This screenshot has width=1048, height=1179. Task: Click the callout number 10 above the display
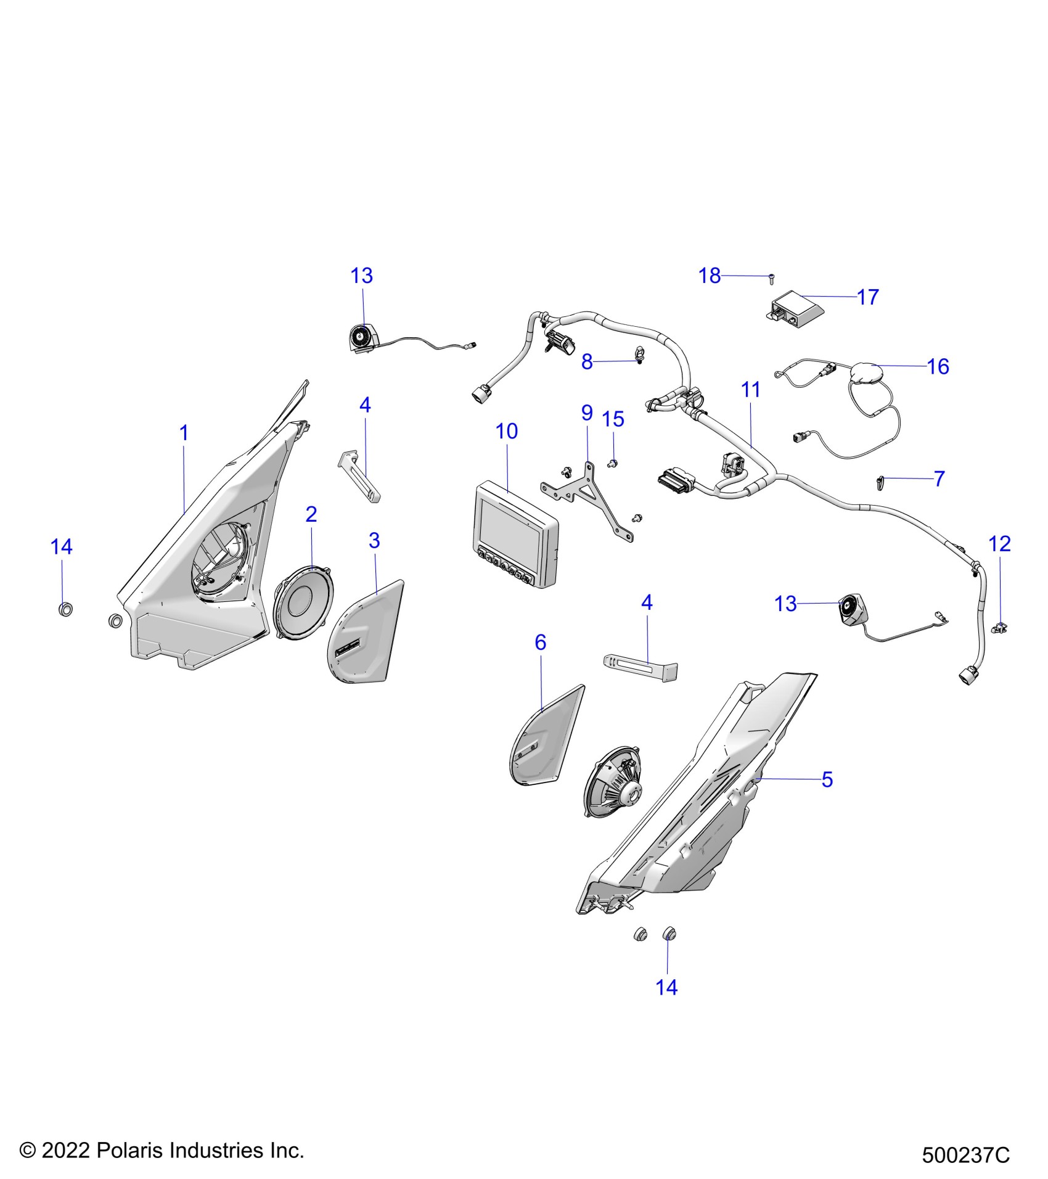[x=507, y=431]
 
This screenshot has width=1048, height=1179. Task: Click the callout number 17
[x=867, y=297]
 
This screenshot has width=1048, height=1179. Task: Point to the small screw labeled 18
[x=771, y=279]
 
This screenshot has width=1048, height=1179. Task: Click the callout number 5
[x=827, y=779]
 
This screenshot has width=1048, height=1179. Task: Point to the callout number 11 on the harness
[x=751, y=390]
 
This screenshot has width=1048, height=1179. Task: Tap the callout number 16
[x=938, y=366]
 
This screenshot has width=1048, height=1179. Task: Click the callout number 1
[x=184, y=433]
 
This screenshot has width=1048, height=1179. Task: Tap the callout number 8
[x=587, y=362]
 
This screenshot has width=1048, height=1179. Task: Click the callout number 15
[x=613, y=419]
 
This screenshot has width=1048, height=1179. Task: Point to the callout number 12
[x=999, y=544]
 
